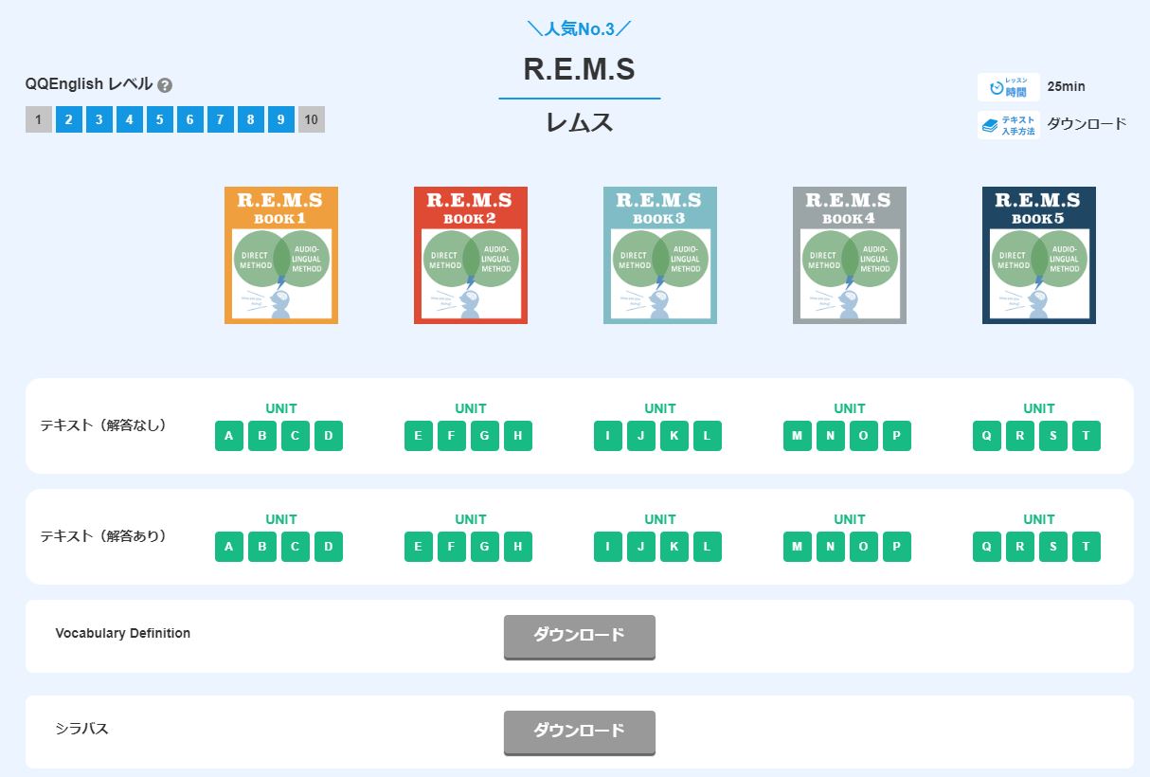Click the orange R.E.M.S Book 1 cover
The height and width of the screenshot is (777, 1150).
[x=281, y=255]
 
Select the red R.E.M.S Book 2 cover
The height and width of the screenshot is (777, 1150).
[x=471, y=255]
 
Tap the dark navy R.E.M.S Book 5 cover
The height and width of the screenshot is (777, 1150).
[x=1039, y=255]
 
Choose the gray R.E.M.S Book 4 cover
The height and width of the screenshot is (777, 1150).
[x=850, y=255]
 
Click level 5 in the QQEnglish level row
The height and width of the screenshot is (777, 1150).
[x=160, y=119]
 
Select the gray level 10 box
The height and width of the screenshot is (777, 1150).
[x=312, y=119]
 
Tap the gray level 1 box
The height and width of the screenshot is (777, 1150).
[x=39, y=119]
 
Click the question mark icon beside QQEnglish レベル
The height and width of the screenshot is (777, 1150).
[x=165, y=85]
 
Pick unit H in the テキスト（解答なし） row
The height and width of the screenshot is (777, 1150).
[x=518, y=436]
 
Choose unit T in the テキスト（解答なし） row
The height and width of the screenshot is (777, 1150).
[x=1087, y=436]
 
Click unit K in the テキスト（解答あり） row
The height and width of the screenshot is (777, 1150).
[x=674, y=547]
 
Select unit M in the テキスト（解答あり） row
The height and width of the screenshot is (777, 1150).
[x=798, y=547]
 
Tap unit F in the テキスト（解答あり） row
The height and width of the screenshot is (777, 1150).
[x=452, y=547]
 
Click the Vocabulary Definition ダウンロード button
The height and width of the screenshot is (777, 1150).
[x=579, y=636]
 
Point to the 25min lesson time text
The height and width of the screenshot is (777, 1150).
[x=1067, y=87]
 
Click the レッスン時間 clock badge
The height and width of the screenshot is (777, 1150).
[x=1009, y=87]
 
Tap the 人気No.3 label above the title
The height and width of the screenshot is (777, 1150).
[x=579, y=27]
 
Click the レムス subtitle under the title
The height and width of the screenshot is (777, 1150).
[x=579, y=122]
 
